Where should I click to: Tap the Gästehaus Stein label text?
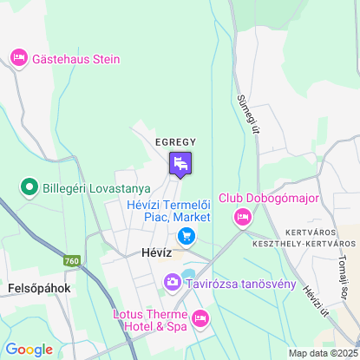pyautogui.click(x=76, y=60)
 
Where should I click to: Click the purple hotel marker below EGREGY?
pyautogui.click(x=180, y=163)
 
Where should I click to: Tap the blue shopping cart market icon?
pyautogui.click(x=185, y=235)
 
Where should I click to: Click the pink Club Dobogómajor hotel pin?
pyautogui.click(x=243, y=217)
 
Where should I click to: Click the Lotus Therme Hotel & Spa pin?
pyautogui.click(x=200, y=319)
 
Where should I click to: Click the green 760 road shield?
pyautogui.click(x=71, y=259)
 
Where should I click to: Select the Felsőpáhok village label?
pyautogui.click(x=38, y=287)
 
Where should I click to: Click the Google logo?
pyautogui.click(x=29, y=350)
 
